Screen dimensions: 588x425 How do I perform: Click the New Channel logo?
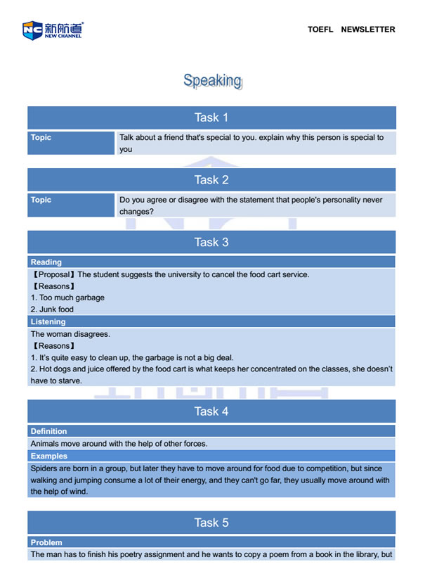coord(53,30)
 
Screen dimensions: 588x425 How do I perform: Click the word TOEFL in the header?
coord(321,30)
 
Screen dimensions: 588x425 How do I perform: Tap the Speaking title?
coord(212,80)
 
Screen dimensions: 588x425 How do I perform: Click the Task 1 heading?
coord(211,117)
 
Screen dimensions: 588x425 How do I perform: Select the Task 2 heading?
coord(211,180)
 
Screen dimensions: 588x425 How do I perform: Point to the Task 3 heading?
coord(211,242)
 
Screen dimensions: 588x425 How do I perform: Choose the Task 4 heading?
coord(211,411)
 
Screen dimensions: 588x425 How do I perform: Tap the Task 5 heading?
coord(211,523)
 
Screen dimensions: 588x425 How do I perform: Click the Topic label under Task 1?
coord(41,138)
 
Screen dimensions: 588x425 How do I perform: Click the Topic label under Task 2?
coord(41,200)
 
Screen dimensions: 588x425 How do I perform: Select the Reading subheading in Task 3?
coord(46,262)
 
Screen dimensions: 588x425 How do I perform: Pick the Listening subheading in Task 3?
coord(48,322)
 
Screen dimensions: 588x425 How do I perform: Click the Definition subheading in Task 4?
coord(49,431)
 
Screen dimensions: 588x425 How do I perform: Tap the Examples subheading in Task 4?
coord(48,456)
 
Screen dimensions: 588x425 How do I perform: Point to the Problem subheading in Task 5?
coord(46,542)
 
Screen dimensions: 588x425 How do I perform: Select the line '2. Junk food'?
coord(52,309)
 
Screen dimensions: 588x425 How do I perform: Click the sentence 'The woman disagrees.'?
coord(70,334)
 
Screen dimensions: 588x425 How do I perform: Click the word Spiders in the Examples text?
coord(45,468)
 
